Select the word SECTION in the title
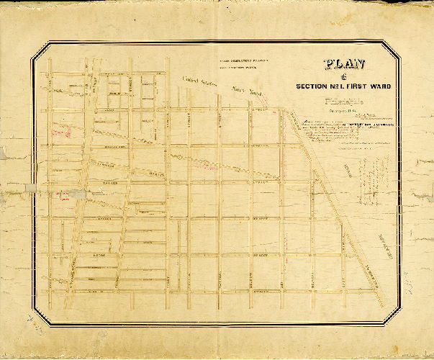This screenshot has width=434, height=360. [314, 87]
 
